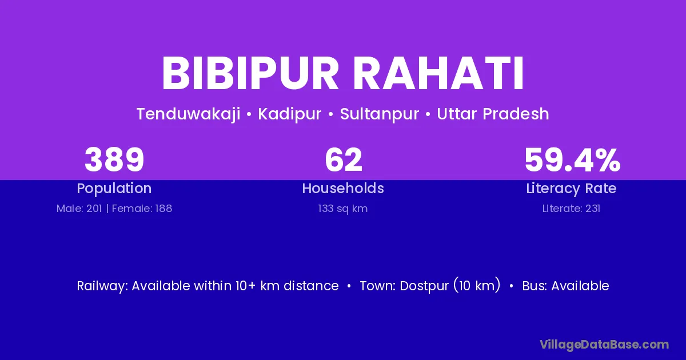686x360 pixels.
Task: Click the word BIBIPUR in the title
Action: pos(250,74)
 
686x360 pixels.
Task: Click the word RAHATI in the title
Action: pos(439,74)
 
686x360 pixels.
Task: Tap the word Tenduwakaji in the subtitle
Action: pos(188,114)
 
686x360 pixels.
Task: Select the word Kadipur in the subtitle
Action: pos(290,114)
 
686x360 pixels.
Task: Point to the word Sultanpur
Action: pos(379,114)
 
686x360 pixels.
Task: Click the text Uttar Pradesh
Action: pos(493,114)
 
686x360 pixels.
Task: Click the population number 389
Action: pos(114,160)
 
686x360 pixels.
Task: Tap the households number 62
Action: pos(344,160)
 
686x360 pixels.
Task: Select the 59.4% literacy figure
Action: pos(572,160)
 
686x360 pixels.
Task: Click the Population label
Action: pos(114,189)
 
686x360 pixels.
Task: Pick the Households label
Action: pos(343,188)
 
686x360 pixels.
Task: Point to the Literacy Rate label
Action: pos(571,189)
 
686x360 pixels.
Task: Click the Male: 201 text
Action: pos(79,209)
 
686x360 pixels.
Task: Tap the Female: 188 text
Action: pos(142,209)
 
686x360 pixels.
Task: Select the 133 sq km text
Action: pos(342,209)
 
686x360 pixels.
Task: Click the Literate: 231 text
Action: pos(571,209)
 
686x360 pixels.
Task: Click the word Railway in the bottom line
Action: pos(102,286)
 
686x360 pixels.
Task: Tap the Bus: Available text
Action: pos(565,286)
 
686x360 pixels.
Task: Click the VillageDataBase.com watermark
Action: pos(604,345)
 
